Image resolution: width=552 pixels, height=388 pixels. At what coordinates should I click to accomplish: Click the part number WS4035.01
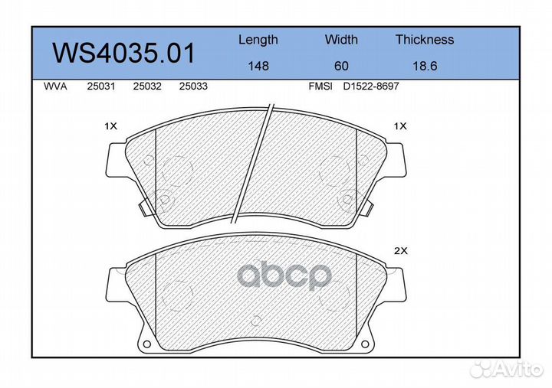(123, 54)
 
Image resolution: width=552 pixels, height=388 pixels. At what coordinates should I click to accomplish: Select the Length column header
(258, 41)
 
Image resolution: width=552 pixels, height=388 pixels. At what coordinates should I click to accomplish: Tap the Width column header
(341, 39)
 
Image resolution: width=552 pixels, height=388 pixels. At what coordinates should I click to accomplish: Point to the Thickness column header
(425, 39)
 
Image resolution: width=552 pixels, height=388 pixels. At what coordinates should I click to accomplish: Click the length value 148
(258, 66)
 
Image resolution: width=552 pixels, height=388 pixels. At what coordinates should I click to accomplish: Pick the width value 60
(341, 66)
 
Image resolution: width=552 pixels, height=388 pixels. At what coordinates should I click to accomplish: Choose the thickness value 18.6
(425, 66)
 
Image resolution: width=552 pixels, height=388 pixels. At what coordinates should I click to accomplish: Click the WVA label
(55, 86)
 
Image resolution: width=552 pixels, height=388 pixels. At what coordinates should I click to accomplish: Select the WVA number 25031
(101, 86)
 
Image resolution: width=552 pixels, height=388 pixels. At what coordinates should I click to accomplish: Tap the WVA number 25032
(147, 86)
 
